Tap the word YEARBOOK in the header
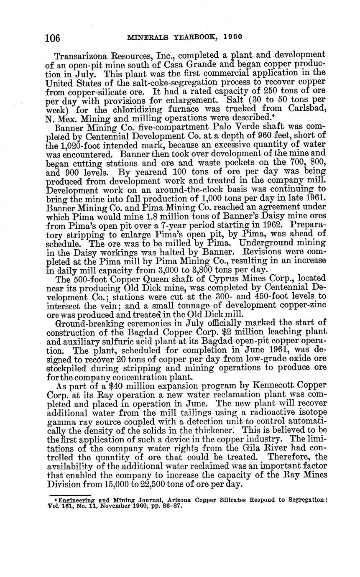tap(190, 36)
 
